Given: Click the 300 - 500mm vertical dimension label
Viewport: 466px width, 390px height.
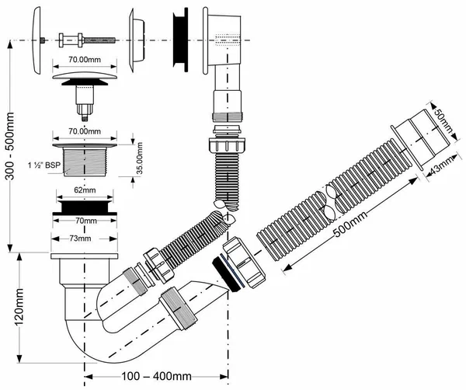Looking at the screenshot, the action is click(x=10, y=145).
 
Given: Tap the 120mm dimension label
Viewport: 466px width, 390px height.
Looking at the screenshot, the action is click(x=19, y=307).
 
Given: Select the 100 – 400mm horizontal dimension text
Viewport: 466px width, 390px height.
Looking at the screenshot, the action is click(x=156, y=376).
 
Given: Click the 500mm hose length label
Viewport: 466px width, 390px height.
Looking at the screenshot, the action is click(x=351, y=223).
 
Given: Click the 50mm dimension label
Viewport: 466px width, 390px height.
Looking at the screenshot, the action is click(x=443, y=121).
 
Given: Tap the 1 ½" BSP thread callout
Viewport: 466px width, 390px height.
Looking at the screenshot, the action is click(x=44, y=165).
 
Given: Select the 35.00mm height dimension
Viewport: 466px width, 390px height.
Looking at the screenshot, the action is click(x=139, y=158).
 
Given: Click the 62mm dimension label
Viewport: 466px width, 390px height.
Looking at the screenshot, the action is click(x=85, y=190).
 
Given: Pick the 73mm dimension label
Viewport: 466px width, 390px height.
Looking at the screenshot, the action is click(x=80, y=239).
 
